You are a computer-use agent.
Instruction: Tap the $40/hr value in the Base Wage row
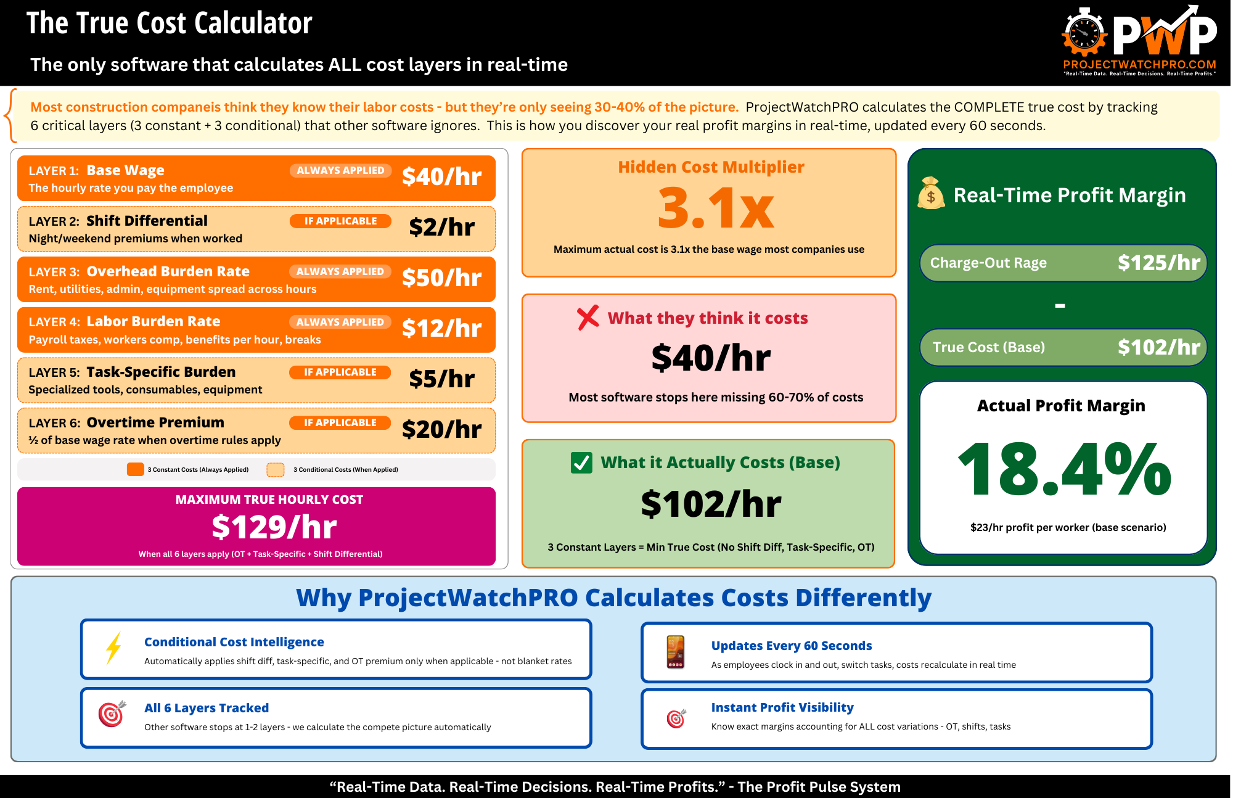click(x=441, y=177)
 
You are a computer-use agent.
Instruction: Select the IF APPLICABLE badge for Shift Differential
click(x=340, y=221)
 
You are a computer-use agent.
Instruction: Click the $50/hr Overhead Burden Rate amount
click(x=441, y=278)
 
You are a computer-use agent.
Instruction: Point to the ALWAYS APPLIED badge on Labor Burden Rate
click(x=340, y=322)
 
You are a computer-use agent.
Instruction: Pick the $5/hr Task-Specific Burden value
click(x=441, y=379)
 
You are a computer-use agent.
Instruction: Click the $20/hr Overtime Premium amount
click(x=441, y=430)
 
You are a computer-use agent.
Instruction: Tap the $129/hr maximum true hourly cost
click(x=274, y=527)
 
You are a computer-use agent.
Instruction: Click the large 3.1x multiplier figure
click(x=715, y=208)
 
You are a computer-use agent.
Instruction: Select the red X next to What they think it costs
click(x=588, y=318)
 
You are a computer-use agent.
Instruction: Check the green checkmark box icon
click(x=581, y=463)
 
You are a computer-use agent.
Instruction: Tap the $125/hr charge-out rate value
click(x=1158, y=263)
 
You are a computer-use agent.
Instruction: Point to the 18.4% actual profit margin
click(x=1064, y=470)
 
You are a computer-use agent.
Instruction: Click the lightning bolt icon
click(x=113, y=648)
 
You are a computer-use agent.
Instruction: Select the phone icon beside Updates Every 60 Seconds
click(x=676, y=652)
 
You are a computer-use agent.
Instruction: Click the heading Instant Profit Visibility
click(x=782, y=707)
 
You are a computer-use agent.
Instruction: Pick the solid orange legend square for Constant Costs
click(x=135, y=469)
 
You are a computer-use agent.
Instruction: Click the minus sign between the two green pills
click(x=1060, y=306)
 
